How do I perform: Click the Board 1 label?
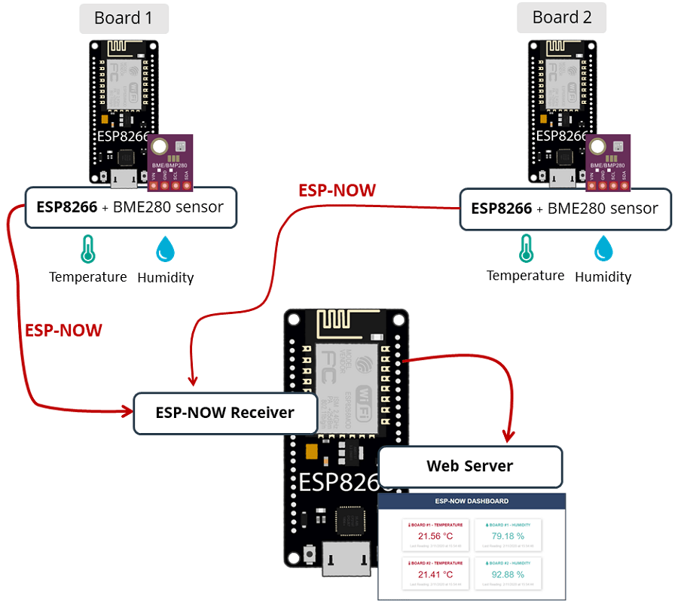124,18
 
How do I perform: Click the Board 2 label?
561,17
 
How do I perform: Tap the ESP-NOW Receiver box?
224,413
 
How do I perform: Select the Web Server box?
470,466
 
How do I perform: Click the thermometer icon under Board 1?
88,249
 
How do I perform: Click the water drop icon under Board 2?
603,248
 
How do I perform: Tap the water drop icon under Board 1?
165,249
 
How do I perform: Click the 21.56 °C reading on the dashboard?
435,536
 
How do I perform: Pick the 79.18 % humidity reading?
508,536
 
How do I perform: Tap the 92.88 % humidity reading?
508,574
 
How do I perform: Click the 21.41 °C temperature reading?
435,574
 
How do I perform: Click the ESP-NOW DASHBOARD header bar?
472,501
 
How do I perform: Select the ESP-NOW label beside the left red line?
63,331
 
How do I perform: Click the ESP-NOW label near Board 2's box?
337,191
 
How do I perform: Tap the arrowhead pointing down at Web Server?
509,437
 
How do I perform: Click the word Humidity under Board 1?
166,278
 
